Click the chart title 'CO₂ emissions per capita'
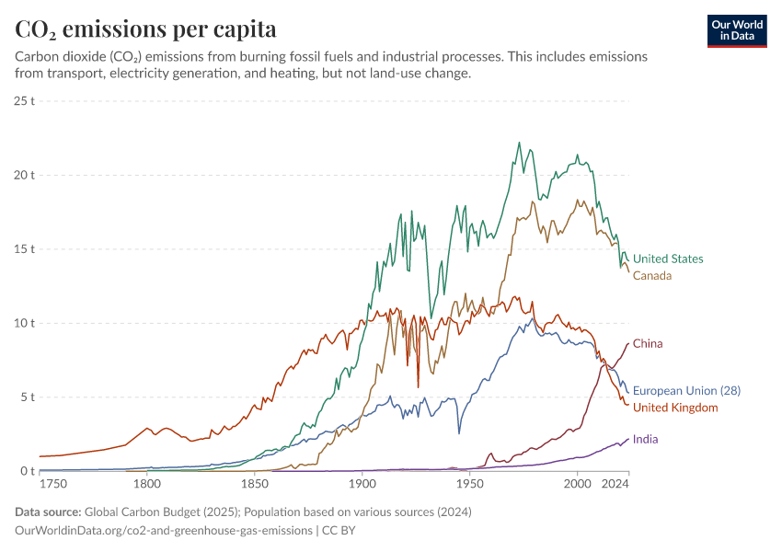pyautogui.click(x=146, y=29)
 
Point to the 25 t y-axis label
pyautogui.click(x=25, y=100)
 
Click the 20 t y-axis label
pyautogui.click(x=25, y=175)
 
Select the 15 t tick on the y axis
pyautogui.click(x=25, y=249)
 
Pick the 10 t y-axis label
pyautogui.click(x=25, y=323)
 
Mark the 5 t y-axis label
pyautogui.click(x=28, y=397)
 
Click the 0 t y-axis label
pyautogui.click(x=28, y=472)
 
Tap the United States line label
pyautogui.click(x=668, y=259)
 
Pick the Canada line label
pyautogui.click(x=652, y=276)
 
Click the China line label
pyautogui.click(x=648, y=344)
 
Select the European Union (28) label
pyautogui.click(x=686, y=391)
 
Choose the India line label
pyautogui.click(x=645, y=440)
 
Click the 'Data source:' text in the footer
pyautogui.click(x=48, y=512)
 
